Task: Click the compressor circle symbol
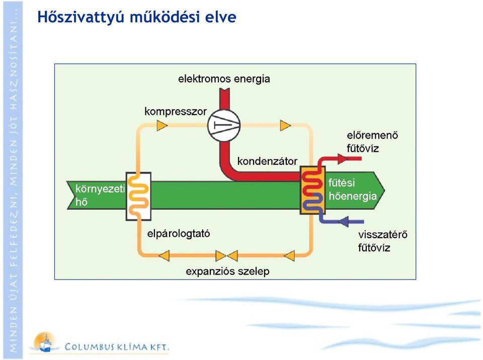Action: click(x=223, y=125)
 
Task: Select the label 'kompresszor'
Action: click(x=176, y=112)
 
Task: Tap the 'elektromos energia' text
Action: click(x=224, y=79)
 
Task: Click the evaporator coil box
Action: click(x=139, y=196)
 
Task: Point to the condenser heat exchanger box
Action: click(x=312, y=190)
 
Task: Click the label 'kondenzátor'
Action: click(x=267, y=161)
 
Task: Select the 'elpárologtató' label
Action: click(x=179, y=233)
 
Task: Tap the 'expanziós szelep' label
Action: click(x=227, y=272)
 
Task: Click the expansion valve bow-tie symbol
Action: click(x=227, y=255)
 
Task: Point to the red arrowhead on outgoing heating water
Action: click(x=343, y=158)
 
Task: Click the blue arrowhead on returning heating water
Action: click(x=344, y=221)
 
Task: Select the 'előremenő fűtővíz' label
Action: click(x=372, y=142)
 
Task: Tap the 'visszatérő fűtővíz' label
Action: click(x=382, y=241)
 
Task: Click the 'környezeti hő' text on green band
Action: click(x=100, y=195)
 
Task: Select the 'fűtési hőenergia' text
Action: click(x=353, y=190)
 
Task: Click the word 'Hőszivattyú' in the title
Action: click(x=80, y=17)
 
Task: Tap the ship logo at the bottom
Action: click(x=45, y=342)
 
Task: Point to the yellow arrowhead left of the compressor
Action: click(x=162, y=125)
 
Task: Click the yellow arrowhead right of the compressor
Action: click(x=286, y=125)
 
